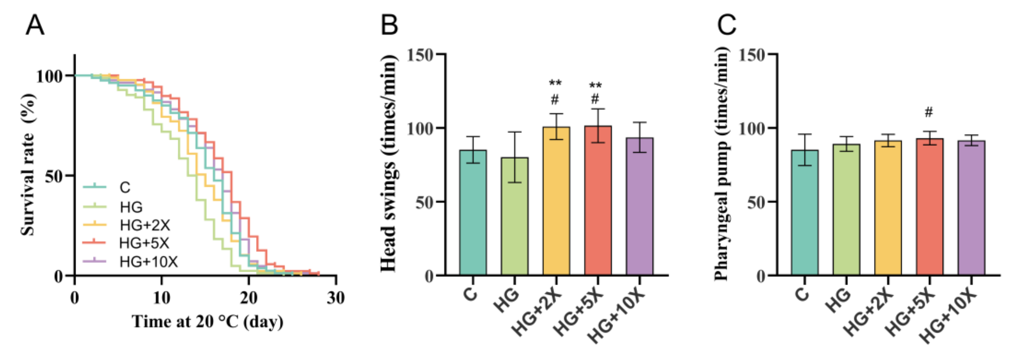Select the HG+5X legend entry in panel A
point(144,243)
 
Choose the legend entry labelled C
point(125,187)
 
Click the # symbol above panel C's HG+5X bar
point(929,113)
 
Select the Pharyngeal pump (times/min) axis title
point(721,164)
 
